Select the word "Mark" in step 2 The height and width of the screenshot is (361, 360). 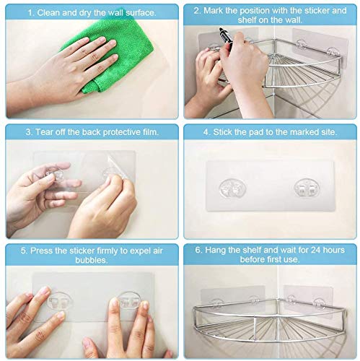(213, 11)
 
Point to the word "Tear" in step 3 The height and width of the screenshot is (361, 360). (44, 132)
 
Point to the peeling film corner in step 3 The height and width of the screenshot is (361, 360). (117, 166)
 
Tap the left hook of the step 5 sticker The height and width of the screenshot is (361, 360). (59, 301)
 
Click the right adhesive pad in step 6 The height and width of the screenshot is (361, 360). (308, 301)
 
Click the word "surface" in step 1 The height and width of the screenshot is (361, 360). (140, 13)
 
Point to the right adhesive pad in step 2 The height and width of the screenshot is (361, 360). (320, 48)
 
